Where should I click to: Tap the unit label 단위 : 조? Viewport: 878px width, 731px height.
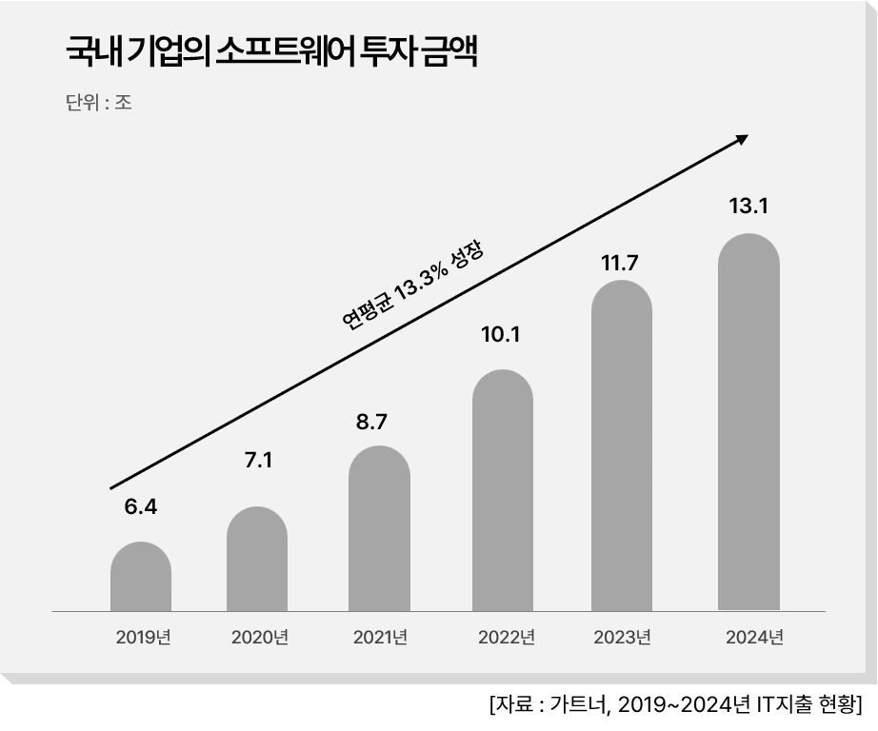[x=98, y=103]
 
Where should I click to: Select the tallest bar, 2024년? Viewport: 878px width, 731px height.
[x=748, y=423]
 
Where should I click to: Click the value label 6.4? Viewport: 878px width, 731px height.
[x=140, y=506]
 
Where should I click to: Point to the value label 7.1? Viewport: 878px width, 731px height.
[x=258, y=461]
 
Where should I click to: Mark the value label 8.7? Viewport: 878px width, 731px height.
[x=371, y=422]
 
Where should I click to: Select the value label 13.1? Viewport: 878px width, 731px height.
[x=748, y=206]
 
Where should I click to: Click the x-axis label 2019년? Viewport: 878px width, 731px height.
[x=143, y=638]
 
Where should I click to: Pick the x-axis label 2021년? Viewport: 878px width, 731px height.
[x=380, y=638]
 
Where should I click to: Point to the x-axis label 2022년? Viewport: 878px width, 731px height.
[x=506, y=638]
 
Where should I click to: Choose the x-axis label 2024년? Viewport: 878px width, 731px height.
[x=753, y=638]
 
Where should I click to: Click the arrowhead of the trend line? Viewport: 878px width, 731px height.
[x=741, y=140]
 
